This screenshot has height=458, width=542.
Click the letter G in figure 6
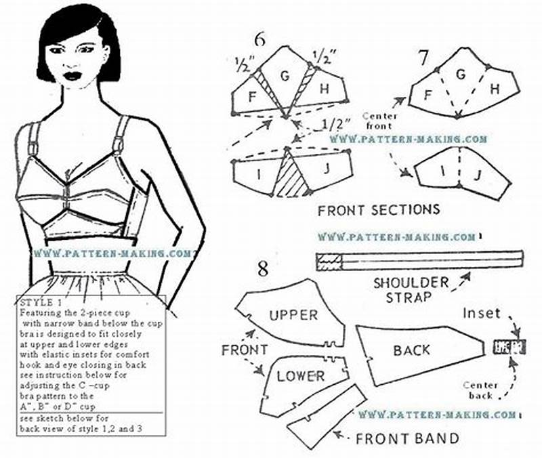[x=285, y=77]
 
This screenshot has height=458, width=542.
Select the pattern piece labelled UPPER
[x=293, y=315]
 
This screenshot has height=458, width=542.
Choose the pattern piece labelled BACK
[x=411, y=350]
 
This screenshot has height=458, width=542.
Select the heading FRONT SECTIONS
[x=379, y=209]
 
